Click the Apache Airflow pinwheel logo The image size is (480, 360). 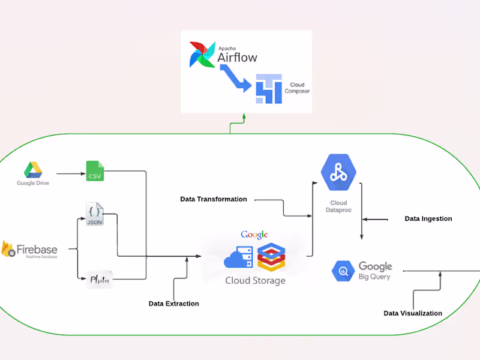[x=202, y=55]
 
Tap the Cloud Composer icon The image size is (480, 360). [x=268, y=88]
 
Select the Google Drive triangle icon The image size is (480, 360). [x=32, y=170]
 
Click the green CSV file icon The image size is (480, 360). [x=95, y=170]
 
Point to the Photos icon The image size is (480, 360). [x=98, y=279]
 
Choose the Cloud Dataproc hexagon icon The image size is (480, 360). [x=339, y=172]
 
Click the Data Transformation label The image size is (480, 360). [x=214, y=199]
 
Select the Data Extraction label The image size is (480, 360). [x=174, y=304]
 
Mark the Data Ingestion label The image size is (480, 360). [x=428, y=219]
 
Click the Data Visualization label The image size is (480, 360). [x=413, y=313]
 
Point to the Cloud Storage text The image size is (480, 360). [x=255, y=280]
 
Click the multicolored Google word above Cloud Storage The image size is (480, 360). [x=254, y=235]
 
